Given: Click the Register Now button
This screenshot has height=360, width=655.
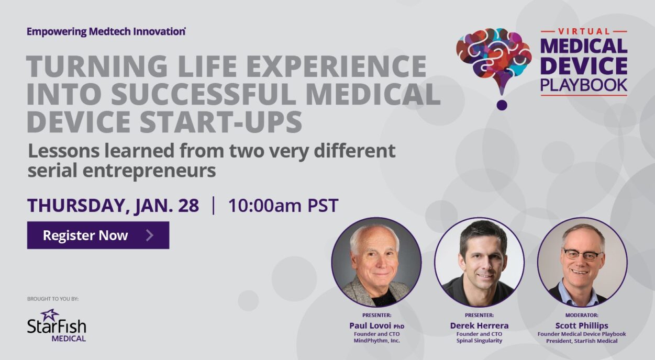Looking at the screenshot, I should point(98,235).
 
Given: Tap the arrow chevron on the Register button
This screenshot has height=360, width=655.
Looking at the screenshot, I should point(150,235).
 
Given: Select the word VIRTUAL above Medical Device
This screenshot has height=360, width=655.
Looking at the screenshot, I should point(583,31).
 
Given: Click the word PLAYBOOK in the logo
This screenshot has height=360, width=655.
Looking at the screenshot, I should point(583,85).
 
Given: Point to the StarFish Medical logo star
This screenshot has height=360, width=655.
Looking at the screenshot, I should point(50,315).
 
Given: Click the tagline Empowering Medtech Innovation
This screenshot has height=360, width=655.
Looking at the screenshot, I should point(106,31).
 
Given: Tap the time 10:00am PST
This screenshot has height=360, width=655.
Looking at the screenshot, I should point(283,206).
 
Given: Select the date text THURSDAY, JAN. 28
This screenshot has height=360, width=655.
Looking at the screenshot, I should point(113,206).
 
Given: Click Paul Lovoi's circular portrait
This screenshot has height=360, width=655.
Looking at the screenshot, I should point(376,262).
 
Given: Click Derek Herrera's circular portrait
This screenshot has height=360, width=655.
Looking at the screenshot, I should point(479,262).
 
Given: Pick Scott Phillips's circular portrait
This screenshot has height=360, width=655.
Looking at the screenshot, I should point(582,262).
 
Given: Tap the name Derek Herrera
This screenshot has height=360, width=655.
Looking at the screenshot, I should point(479,325).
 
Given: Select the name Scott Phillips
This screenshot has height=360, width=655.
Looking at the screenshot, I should point(581,325).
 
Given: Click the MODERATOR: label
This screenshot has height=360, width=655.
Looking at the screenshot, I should point(581,316).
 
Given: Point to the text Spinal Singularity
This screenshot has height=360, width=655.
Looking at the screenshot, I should point(479,341).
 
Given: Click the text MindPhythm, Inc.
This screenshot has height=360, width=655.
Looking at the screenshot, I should point(376,341).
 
